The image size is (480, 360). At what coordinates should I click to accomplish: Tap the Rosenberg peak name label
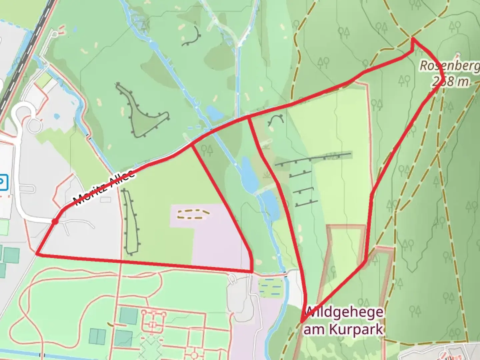[448, 66]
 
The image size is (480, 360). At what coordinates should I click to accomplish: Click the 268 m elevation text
[450, 81]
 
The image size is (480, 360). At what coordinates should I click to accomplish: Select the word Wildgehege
[343, 313]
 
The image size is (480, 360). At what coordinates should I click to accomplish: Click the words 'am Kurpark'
[343, 329]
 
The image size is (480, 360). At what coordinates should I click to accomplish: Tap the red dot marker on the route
[55, 221]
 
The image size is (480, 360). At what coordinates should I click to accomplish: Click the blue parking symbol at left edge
[2, 182]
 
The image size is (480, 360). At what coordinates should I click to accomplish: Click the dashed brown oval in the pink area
[193, 214]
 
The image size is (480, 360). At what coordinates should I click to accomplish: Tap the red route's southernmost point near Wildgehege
[302, 322]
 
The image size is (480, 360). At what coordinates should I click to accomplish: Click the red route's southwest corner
[37, 254]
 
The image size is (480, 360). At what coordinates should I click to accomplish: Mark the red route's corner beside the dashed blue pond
[252, 272]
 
